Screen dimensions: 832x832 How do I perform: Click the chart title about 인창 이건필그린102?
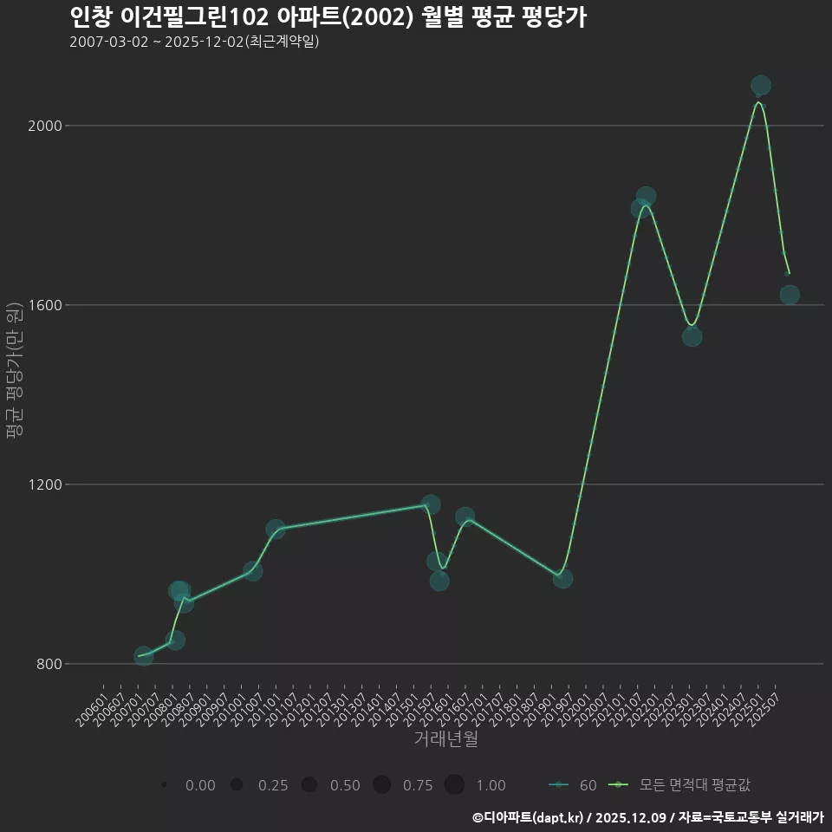coord(328,17)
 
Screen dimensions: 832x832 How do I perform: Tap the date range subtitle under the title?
coord(194,42)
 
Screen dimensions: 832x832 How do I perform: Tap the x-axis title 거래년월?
coord(445,739)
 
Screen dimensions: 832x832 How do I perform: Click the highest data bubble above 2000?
coord(761,85)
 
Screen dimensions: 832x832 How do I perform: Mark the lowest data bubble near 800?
coord(144,656)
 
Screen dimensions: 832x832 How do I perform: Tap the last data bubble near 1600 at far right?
coord(790,295)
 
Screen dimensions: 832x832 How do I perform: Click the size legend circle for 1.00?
coord(454,785)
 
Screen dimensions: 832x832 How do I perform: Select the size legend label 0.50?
coord(345,785)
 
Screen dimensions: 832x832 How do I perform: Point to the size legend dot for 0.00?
coord(164,785)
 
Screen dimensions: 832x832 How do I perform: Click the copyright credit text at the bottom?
coord(647,816)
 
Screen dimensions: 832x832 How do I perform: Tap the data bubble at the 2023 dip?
coord(692,336)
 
